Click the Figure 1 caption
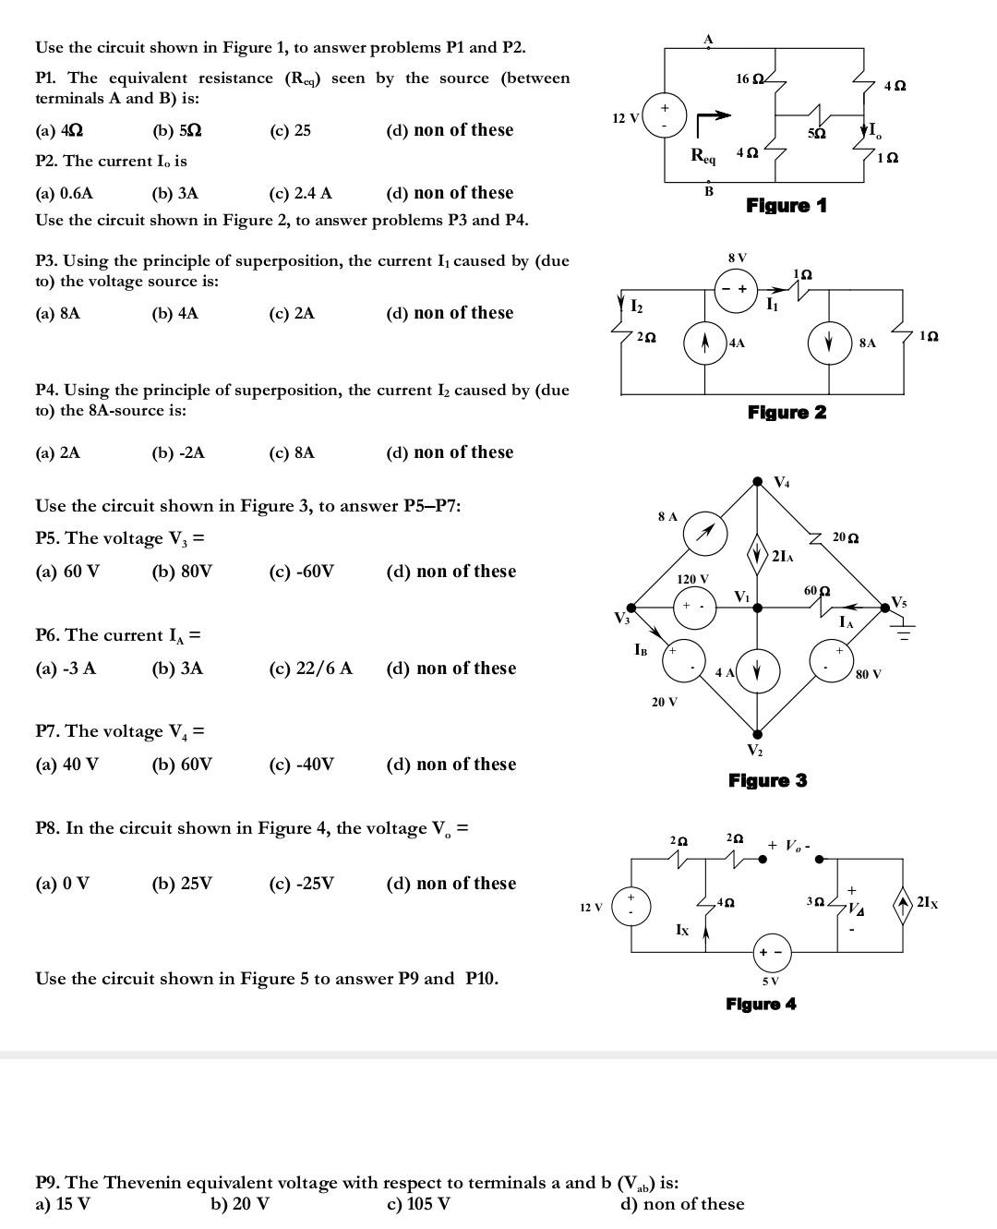pyautogui.click(x=786, y=205)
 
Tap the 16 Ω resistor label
pyautogui.click(x=748, y=79)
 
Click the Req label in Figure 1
pyautogui.click(x=703, y=155)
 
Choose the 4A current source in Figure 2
pyautogui.click(x=703, y=343)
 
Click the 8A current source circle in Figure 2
pyautogui.click(x=829, y=343)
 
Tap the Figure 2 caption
pyautogui.click(x=787, y=412)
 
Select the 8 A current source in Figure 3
pyautogui.click(x=705, y=532)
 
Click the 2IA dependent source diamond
pyautogui.click(x=758, y=554)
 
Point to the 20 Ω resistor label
pyautogui.click(x=845, y=537)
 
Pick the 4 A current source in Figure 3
pyautogui.click(x=758, y=669)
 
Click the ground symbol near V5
pyautogui.click(x=903, y=631)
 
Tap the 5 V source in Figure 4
pyautogui.click(x=771, y=952)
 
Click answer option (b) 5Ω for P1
pyautogui.click(x=176, y=130)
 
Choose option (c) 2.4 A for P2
pyautogui.click(x=300, y=193)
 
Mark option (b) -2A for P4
pyautogui.click(x=178, y=452)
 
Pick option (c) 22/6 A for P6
pyautogui.click(x=310, y=669)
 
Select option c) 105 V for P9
pyautogui.click(x=420, y=1204)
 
